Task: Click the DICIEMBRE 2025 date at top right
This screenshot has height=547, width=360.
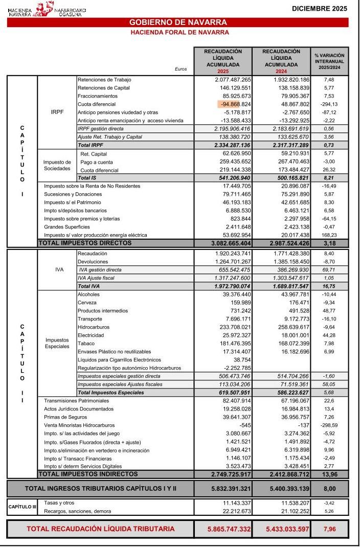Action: click(x=319, y=8)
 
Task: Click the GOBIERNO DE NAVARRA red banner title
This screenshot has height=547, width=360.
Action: click(x=178, y=22)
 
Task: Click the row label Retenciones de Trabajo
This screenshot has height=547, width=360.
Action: click(x=104, y=80)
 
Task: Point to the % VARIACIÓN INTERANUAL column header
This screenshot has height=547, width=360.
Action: click(x=329, y=61)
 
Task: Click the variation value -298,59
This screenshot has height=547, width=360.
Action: click(x=328, y=425)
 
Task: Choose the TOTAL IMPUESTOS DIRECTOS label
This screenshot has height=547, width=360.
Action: click(x=85, y=243)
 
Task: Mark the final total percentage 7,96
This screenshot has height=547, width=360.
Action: click(x=329, y=529)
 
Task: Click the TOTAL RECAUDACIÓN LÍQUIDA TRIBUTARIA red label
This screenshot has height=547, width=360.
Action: click(x=100, y=529)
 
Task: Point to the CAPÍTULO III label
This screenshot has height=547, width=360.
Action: click(x=22, y=507)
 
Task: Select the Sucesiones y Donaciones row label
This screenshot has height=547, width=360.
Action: click(x=73, y=194)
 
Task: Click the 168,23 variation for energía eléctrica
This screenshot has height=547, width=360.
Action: click(x=329, y=235)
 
